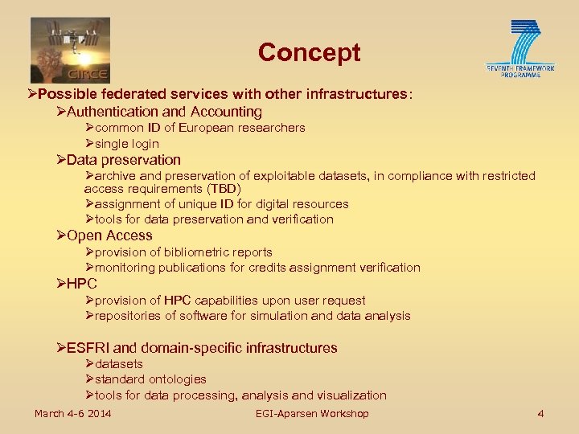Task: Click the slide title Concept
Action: click(309, 53)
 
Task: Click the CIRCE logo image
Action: click(70, 49)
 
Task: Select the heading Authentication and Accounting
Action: click(165, 112)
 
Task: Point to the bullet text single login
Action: click(127, 144)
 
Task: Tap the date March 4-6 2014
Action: click(73, 414)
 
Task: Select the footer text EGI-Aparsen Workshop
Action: click(312, 414)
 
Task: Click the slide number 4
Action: click(540, 414)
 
